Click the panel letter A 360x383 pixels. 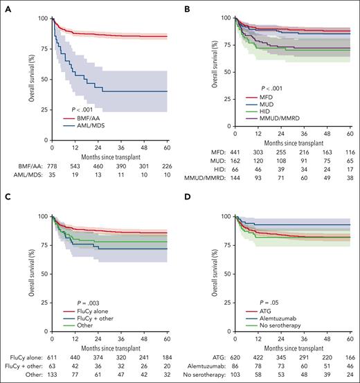tap(5, 6)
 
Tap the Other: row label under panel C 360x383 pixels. tap(30, 379)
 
